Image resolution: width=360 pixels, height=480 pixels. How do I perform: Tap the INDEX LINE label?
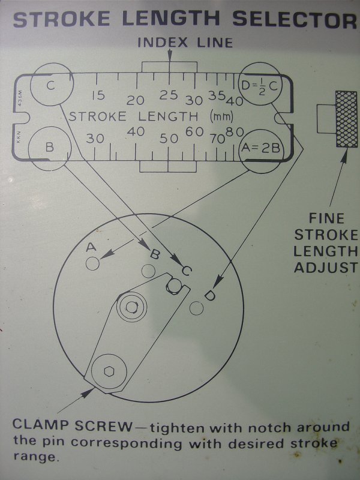point(185,42)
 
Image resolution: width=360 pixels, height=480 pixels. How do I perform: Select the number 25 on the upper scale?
point(169,95)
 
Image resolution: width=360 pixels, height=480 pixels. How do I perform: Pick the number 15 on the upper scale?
point(98,95)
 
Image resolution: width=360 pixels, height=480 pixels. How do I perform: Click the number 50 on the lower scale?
point(169,139)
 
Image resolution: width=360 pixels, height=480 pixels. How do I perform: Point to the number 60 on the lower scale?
point(194,131)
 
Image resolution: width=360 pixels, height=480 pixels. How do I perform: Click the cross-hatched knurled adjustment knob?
point(346,119)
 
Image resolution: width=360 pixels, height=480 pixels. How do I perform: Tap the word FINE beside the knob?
point(326,218)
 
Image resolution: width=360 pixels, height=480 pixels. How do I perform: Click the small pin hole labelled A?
point(92,263)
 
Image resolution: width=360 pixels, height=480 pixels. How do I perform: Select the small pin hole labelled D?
point(196,308)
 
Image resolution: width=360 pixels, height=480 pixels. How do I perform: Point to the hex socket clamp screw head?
point(109,371)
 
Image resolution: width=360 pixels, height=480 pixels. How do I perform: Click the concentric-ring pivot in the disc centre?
point(131,307)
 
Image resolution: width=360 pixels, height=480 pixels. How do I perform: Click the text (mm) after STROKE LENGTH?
point(221,116)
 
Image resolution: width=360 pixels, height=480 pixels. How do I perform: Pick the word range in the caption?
point(35,457)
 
